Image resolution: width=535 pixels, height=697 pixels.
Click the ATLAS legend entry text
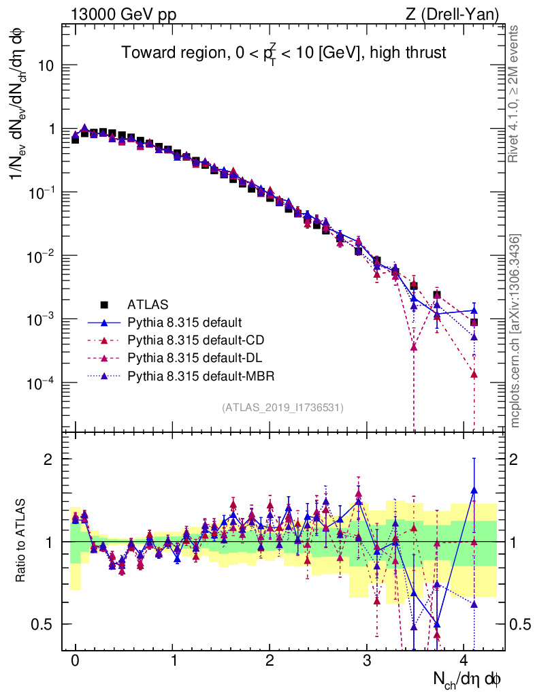148,304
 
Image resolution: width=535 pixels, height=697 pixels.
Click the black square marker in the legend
104,304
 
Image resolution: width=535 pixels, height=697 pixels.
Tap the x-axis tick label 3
368,661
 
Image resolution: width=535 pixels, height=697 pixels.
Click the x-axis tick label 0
75,661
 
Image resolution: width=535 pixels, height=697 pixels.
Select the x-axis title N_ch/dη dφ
468,679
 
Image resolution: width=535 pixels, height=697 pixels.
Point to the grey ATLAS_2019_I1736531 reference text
282,408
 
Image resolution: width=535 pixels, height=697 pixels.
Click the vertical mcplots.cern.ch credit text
515,331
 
